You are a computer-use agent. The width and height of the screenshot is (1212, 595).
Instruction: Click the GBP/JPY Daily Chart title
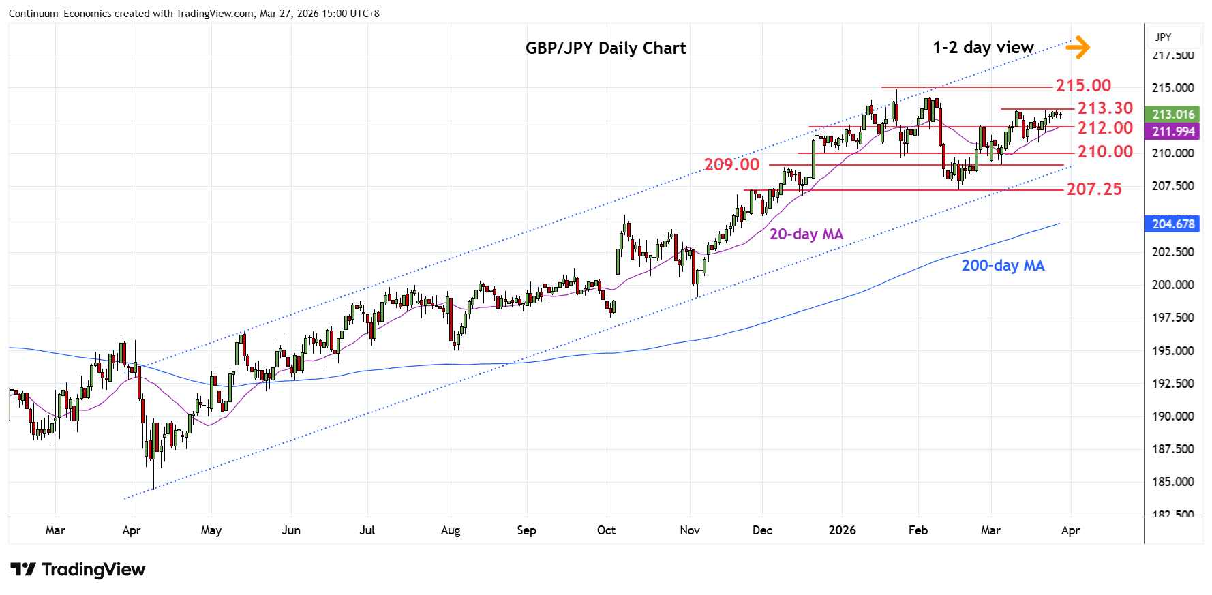coord(605,48)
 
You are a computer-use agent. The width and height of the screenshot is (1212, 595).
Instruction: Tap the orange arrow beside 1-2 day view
coord(1077,47)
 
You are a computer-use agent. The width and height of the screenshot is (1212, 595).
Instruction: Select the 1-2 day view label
coord(983,48)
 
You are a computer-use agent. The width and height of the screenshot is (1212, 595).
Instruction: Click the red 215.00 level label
coord(1083,86)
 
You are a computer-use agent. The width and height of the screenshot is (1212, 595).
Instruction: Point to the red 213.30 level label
coord(1105,108)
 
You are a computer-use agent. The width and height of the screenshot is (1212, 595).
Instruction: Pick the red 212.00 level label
coord(1105,128)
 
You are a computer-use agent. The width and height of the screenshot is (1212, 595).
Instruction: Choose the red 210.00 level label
coord(1105,152)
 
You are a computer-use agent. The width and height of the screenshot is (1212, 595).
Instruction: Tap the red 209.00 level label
coord(731,165)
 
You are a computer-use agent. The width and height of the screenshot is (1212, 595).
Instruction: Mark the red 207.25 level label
coord(1094,189)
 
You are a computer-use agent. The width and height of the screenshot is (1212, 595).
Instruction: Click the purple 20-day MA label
coord(806,234)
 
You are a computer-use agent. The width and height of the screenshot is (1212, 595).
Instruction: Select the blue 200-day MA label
coord(1003,266)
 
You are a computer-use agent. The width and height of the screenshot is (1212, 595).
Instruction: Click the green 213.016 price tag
coord(1172,115)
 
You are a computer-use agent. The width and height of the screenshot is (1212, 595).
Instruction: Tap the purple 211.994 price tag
coord(1172,132)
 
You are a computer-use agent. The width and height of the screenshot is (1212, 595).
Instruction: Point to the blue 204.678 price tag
coord(1172,224)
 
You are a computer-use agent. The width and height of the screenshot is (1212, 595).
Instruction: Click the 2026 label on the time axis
coord(842,530)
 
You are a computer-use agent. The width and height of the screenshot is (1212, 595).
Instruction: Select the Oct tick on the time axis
coord(606,530)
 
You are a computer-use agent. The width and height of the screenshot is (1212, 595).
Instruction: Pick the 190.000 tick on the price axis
coord(1172,416)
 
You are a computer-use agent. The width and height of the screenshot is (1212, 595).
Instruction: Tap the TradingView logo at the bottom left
coord(78,570)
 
